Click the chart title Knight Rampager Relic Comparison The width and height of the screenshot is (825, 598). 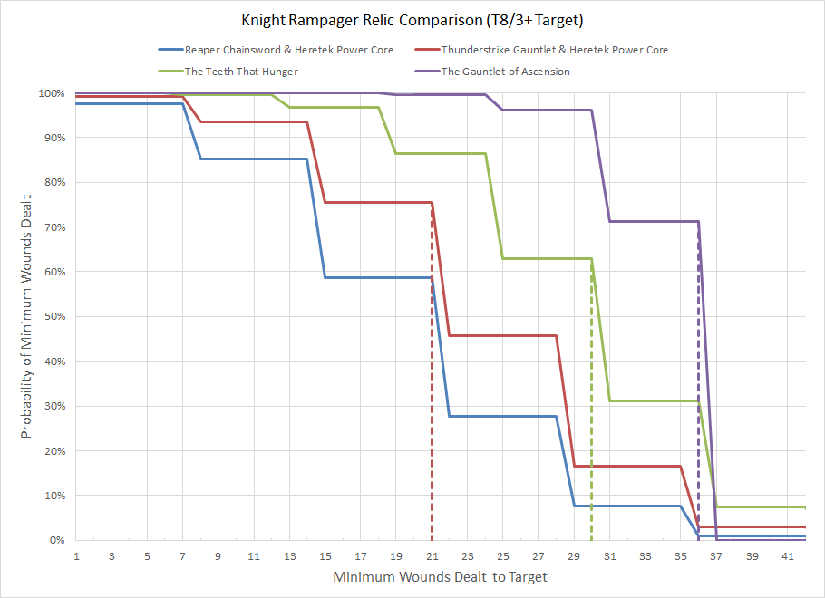[x=412, y=19]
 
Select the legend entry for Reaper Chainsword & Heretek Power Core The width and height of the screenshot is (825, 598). [x=288, y=50]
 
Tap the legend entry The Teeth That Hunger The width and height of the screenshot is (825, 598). [x=240, y=72]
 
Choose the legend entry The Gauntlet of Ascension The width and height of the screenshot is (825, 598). [x=505, y=72]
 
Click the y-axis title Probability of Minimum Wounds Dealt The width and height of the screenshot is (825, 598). [x=28, y=316]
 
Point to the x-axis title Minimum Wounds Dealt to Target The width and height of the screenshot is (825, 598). [x=440, y=576]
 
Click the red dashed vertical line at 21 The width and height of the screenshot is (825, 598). [x=432, y=408]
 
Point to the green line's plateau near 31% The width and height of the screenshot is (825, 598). [x=653, y=400]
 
